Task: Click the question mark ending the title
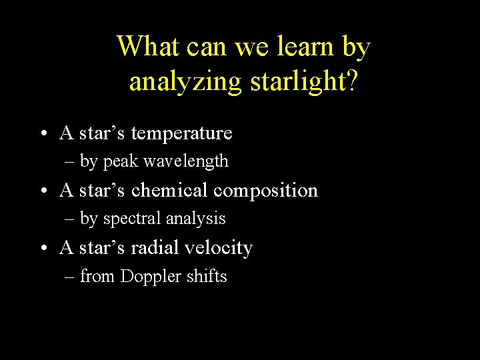coord(351,81)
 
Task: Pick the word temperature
coord(181,133)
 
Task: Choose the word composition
coord(266,191)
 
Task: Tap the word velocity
coord(219,249)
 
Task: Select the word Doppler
coord(150,276)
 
